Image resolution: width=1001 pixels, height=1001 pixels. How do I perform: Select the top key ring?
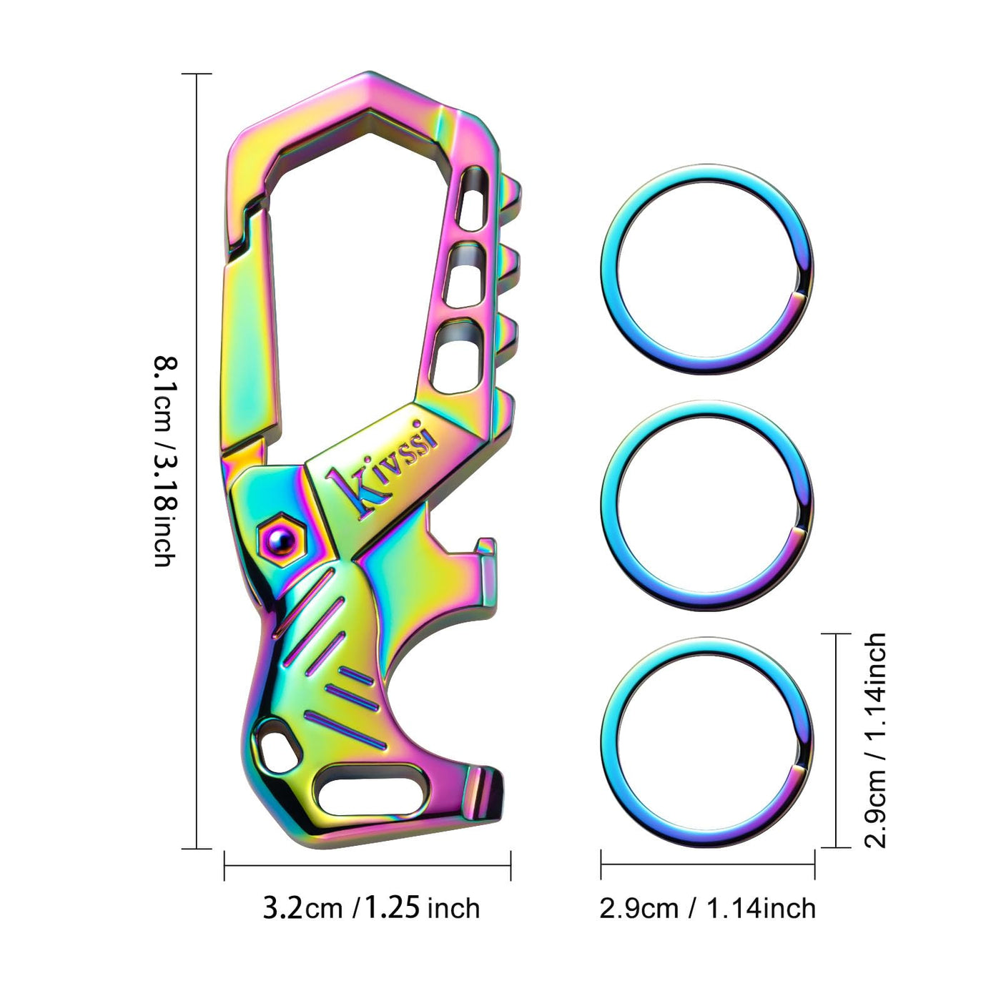coord(707,269)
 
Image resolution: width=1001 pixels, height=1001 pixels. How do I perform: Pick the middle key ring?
coord(707,506)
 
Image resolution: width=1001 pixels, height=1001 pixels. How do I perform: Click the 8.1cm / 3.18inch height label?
coord(165,460)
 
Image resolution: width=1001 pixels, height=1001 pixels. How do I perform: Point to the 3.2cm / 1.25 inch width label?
coord(371,909)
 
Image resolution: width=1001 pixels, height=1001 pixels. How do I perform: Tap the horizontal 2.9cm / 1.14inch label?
coord(707,909)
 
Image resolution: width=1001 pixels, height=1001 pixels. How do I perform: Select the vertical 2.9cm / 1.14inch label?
coord(874,741)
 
